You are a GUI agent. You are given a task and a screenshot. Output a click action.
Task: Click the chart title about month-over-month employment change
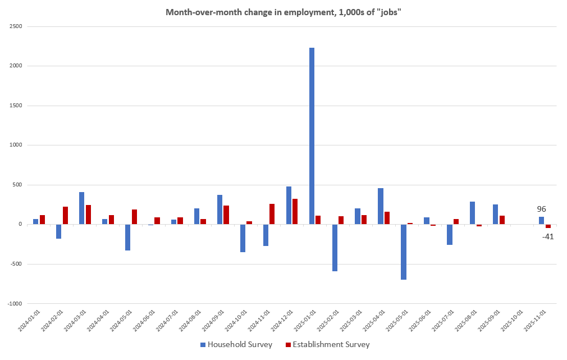pos(283,12)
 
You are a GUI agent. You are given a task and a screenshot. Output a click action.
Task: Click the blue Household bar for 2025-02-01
pos(335,248)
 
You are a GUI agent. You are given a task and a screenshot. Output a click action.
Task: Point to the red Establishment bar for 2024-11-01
pos(272,214)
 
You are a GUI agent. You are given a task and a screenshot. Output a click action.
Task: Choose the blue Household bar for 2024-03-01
pos(82,208)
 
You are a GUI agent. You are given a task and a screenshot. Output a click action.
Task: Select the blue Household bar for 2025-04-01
pos(381,206)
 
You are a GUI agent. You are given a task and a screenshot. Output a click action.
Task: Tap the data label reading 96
pos(541,209)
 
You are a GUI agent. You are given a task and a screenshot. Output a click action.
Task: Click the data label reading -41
pos(548,236)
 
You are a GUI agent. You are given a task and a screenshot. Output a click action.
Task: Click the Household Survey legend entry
pos(236,344)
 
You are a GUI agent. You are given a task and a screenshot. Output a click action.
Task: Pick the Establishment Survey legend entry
pos(328,344)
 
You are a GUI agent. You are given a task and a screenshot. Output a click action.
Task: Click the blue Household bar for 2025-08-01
pos(473,213)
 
